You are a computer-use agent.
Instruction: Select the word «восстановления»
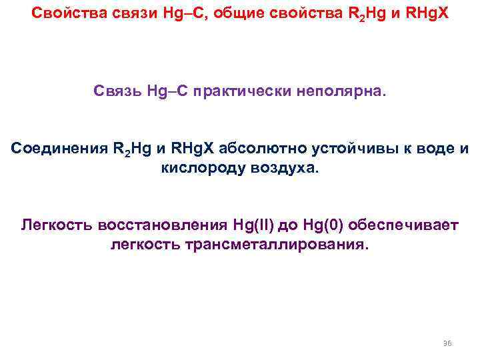coord(163,225)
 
